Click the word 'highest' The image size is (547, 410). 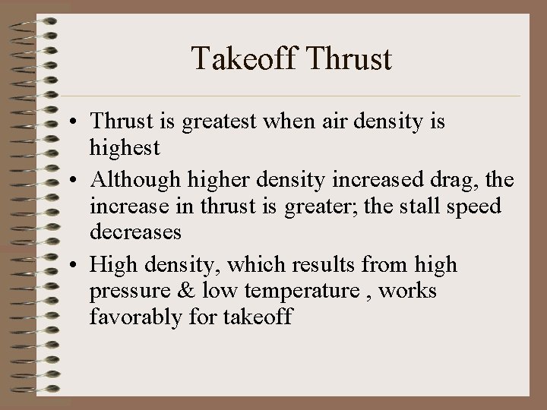coord(125,147)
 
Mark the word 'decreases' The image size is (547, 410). coord(134,231)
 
